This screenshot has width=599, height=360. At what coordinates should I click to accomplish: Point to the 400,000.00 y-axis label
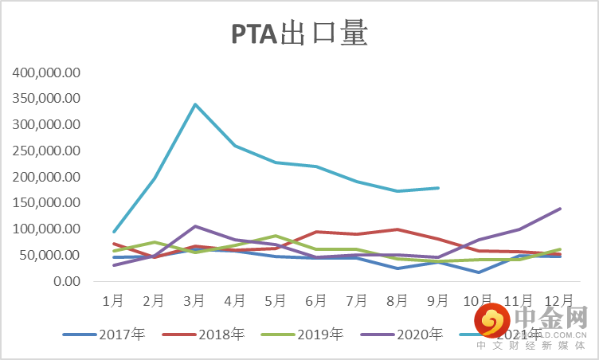click(x=47, y=72)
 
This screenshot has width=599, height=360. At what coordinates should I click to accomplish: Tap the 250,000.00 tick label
click(x=47, y=151)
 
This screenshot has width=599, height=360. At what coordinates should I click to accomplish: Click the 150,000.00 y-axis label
click(x=47, y=203)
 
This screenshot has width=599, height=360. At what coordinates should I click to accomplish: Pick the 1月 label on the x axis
click(x=113, y=301)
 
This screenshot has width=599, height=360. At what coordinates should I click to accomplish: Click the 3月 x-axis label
click(x=194, y=301)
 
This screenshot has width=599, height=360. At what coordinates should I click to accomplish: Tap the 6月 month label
click(x=316, y=301)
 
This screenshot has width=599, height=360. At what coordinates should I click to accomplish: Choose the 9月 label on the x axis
click(x=438, y=301)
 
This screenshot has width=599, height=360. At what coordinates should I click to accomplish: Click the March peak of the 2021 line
click(x=194, y=104)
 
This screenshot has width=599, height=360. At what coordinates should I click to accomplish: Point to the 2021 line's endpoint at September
click(x=438, y=188)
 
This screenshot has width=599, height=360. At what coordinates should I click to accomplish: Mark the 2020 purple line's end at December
click(x=560, y=209)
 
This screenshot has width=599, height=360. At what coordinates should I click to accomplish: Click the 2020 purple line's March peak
click(x=194, y=226)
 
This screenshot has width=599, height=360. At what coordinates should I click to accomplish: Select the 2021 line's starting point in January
click(x=113, y=232)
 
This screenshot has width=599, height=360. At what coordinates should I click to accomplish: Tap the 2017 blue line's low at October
click(x=479, y=272)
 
